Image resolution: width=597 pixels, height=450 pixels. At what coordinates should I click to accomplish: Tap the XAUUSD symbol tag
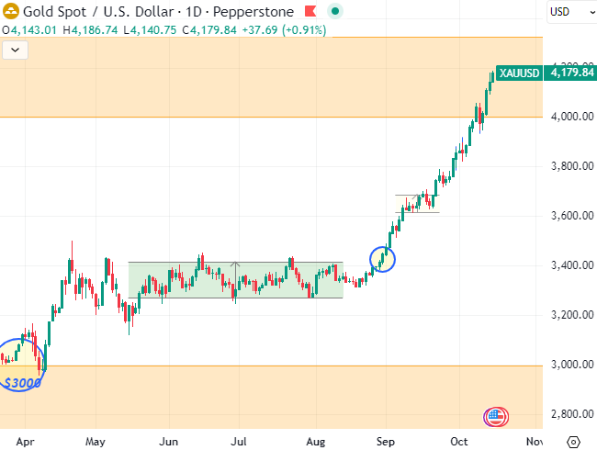[519, 73]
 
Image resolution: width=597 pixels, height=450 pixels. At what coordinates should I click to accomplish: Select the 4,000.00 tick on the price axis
[569, 117]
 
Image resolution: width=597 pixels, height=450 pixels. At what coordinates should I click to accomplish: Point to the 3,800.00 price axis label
[569, 166]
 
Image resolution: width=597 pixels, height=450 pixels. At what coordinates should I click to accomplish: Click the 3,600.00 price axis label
[569, 216]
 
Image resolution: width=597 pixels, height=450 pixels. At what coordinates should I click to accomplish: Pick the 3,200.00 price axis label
[569, 315]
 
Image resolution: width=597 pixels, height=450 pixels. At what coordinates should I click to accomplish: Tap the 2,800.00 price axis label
[569, 414]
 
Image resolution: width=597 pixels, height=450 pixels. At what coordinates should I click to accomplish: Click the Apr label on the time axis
[26, 441]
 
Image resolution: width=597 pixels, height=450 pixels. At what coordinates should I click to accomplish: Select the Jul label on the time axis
[241, 441]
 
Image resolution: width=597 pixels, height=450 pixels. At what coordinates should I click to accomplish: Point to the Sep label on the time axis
[387, 441]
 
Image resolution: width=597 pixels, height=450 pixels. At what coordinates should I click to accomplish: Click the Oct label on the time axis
[460, 441]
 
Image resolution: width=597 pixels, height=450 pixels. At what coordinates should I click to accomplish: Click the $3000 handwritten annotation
[22, 382]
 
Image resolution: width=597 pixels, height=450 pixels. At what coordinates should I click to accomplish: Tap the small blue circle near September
[382, 260]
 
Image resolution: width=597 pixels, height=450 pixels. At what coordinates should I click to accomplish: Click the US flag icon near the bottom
[496, 417]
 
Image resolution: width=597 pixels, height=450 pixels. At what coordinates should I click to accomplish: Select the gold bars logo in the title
[11, 11]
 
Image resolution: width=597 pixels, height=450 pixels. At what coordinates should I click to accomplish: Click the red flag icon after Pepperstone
[310, 11]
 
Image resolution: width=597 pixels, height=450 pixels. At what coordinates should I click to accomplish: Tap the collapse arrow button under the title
[14, 50]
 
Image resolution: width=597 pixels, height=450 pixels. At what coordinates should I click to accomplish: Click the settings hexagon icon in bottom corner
[574, 441]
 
